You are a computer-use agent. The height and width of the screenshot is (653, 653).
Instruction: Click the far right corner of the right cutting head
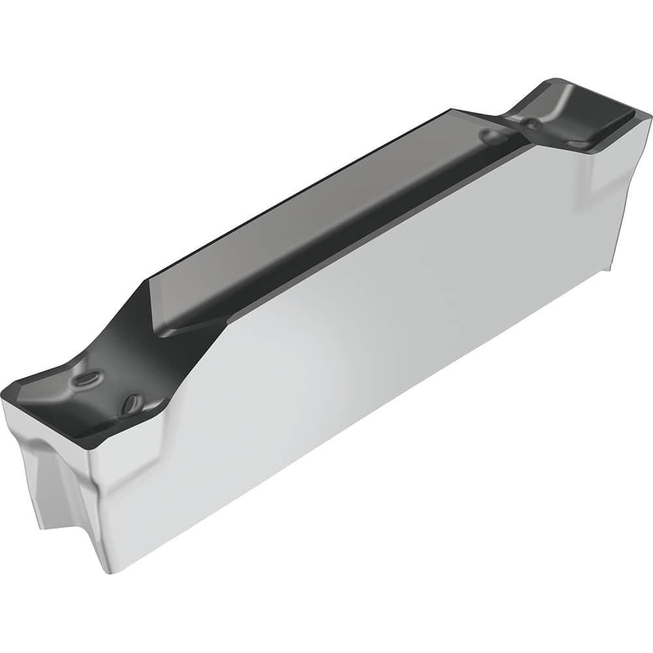point(650,116)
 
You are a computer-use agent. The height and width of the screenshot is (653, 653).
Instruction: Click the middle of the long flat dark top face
point(326,215)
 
